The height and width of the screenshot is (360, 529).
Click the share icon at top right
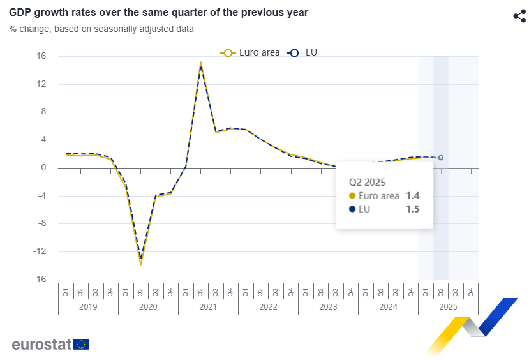(519, 16)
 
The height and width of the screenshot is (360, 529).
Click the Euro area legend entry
(250, 52)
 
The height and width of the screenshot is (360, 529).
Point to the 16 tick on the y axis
(41, 56)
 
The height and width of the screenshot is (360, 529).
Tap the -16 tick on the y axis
(40, 280)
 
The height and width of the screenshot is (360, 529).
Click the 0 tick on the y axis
(44, 168)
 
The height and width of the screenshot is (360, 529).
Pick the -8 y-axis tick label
(41, 223)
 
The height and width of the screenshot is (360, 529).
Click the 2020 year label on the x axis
(148, 307)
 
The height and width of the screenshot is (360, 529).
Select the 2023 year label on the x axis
(328, 307)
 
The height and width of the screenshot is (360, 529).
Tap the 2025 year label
(448, 307)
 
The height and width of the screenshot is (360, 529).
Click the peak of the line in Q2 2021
(200, 63)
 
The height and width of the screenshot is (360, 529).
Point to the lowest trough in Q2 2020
(140, 264)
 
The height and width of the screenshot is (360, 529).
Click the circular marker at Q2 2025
(441, 158)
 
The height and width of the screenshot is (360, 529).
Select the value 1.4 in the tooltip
(412, 195)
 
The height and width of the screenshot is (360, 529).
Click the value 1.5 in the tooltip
(412, 209)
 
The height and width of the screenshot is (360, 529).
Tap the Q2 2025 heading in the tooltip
(367, 181)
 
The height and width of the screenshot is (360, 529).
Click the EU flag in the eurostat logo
(81, 344)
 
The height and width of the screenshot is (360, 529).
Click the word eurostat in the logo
(41, 345)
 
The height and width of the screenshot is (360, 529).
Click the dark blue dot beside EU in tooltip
(352, 209)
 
